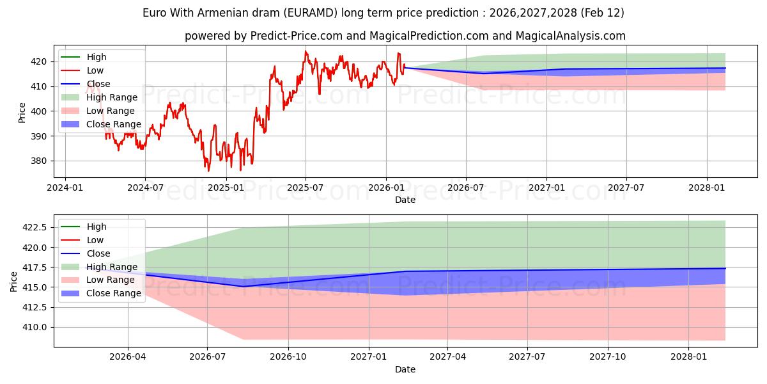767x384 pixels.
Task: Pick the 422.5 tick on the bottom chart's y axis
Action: [x=36, y=227]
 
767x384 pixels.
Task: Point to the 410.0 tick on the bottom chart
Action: [x=36, y=327]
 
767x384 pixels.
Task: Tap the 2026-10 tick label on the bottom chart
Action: [x=288, y=356]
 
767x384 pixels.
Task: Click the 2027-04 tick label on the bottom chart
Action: [x=447, y=356]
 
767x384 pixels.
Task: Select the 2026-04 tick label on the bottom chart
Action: [x=128, y=356]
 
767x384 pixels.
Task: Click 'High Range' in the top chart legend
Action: [x=112, y=97]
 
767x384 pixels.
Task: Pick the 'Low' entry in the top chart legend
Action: [x=95, y=70]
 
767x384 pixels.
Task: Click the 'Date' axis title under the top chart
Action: [x=405, y=200]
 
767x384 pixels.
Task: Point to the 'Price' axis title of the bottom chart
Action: [x=14, y=281]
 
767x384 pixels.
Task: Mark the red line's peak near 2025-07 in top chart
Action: [x=306, y=51]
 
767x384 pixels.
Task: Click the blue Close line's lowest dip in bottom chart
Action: [x=244, y=286]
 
